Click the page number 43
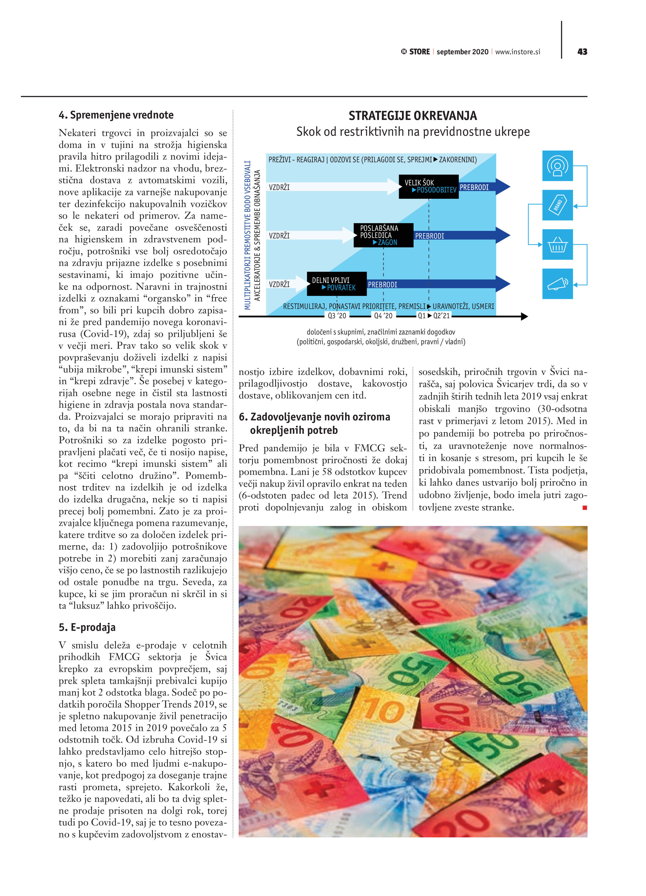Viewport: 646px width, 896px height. point(582,52)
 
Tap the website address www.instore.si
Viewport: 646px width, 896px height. point(518,52)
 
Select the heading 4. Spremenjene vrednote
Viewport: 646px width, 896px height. point(116,115)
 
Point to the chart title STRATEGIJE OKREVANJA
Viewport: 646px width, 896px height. point(412,116)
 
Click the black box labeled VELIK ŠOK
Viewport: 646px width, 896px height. point(428,186)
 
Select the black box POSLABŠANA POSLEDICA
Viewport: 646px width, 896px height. point(383,235)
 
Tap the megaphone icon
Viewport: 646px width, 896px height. point(557,284)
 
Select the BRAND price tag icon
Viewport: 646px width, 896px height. point(557,205)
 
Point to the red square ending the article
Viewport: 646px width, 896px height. point(585,508)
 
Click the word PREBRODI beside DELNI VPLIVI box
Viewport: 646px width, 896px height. point(382,284)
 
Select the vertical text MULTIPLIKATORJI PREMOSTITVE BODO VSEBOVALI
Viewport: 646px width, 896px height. point(247,235)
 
